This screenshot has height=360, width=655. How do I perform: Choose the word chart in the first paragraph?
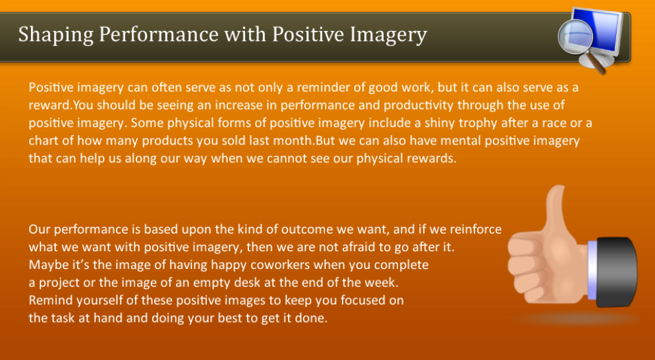click(x=44, y=140)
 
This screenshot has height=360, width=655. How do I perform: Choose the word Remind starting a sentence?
click(x=49, y=300)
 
